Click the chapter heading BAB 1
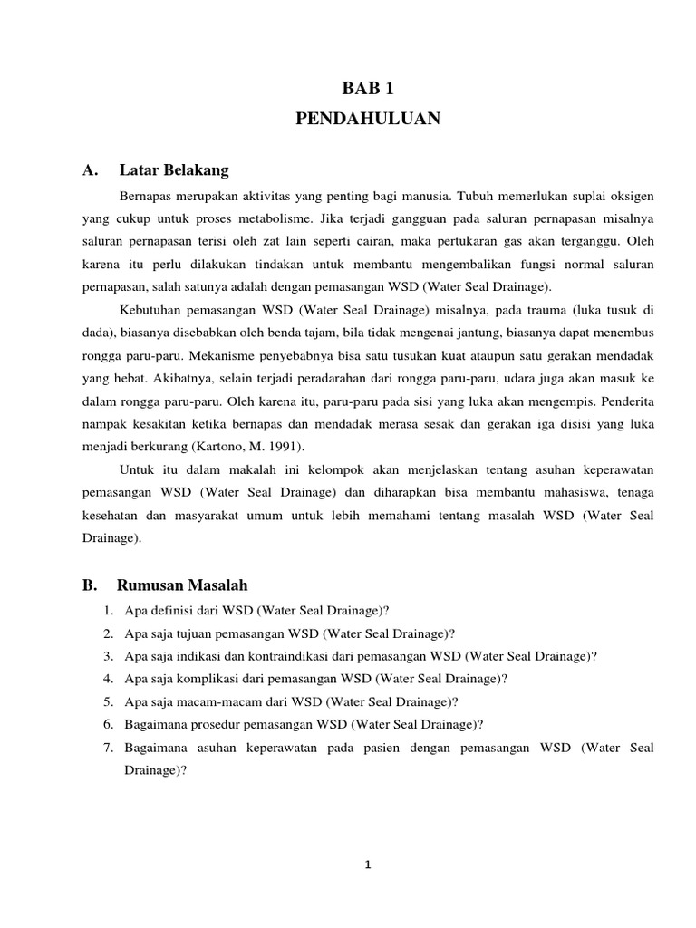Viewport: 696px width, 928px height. [368, 88]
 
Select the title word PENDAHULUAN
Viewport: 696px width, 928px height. [368, 120]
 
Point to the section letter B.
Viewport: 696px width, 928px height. [89, 585]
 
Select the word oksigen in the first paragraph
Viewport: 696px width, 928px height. [630, 196]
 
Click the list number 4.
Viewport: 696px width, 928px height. [107, 679]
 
